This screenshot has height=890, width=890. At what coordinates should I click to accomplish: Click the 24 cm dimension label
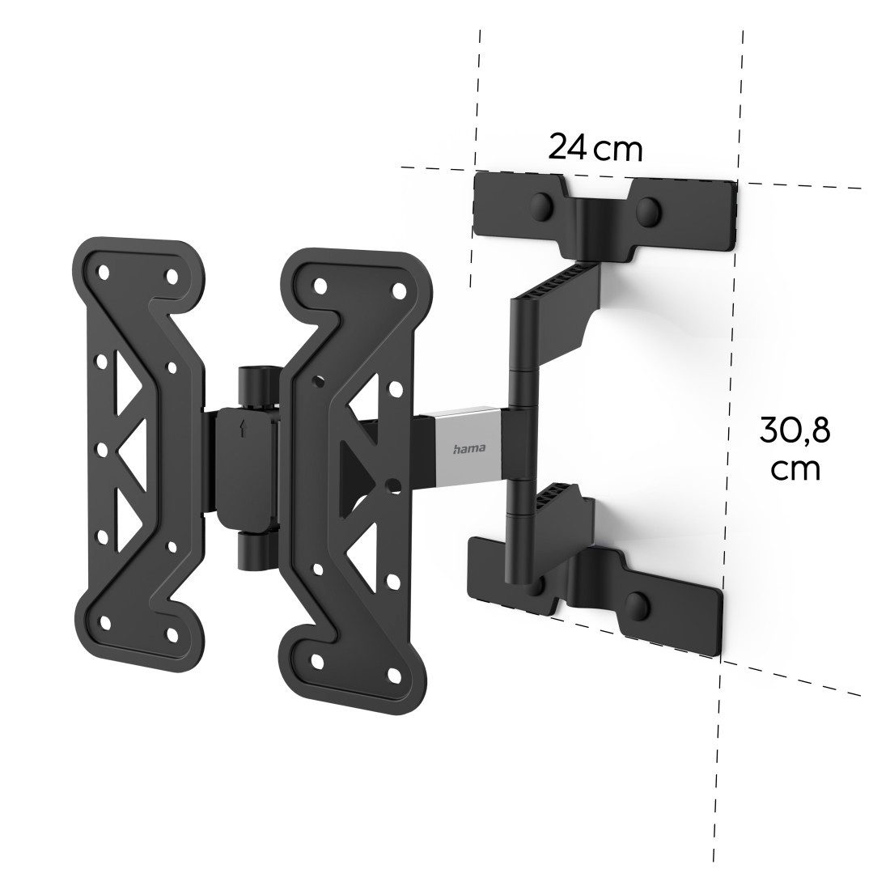point(595,148)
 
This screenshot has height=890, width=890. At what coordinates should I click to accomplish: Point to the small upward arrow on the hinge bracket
point(242,430)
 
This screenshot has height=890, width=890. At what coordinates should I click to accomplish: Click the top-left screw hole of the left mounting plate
point(104,271)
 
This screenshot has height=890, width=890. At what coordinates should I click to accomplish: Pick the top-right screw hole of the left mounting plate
point(172,277)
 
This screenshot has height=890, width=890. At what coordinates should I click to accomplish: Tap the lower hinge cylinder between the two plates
point(252,551)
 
